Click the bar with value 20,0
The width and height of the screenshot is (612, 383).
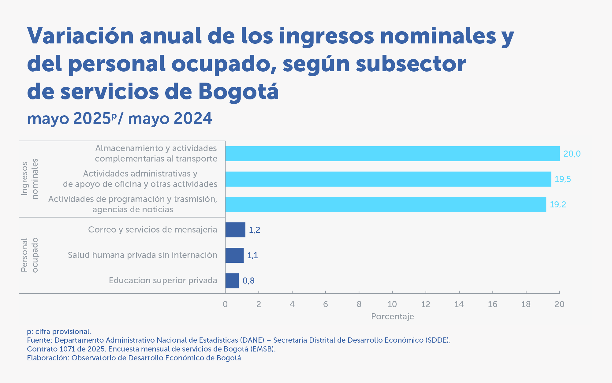[x=392, y=154]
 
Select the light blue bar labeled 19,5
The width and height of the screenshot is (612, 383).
[x=388, y=179]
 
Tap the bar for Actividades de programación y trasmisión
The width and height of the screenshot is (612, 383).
[x=386, y=204]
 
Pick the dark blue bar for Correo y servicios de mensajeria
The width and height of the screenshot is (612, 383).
[x=235, y=230]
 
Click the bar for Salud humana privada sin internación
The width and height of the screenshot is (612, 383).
[x=234, y=255]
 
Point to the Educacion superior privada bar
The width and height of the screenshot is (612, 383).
[x=232, y=281]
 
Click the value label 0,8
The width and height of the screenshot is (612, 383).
[x=248, y=281]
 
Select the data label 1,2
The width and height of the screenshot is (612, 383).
[x=254, y=230]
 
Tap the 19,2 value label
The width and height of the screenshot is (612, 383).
[x=558, y=204]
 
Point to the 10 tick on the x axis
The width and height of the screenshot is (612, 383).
[x=392, y=304]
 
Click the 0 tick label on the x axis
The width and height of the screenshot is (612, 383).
[x=225, y=304]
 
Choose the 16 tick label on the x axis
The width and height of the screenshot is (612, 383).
[x=492, y=304]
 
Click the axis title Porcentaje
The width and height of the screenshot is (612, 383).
[x=392, y=316]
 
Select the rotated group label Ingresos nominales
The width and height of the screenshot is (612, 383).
[x=30, y=179]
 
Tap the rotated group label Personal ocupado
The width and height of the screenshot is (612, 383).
[x=30, y=255]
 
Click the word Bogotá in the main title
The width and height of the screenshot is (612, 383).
[x=238, y=91]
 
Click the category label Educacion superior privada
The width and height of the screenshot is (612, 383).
[x=163, y=281]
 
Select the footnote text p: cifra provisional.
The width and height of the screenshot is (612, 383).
[x=59, y=332]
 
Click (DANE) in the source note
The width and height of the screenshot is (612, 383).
[x=252, y=340]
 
